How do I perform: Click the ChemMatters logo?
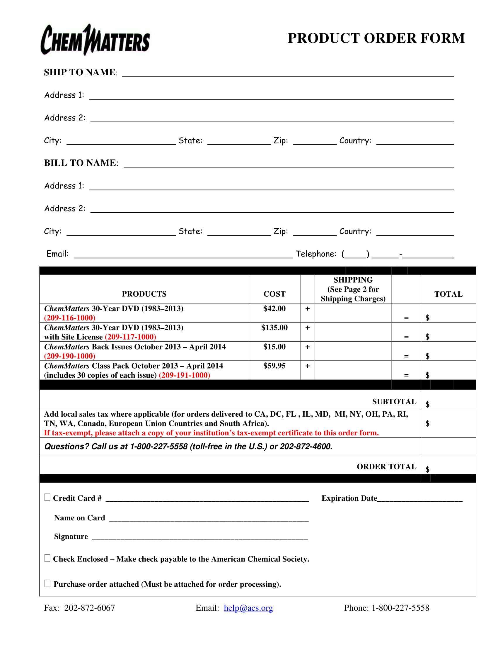point(95,40)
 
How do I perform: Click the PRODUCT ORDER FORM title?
point(376,38)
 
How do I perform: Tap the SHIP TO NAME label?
point(80,72)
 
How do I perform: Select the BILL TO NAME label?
point(81,163)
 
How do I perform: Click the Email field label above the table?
point(57,254)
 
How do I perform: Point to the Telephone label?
point(316,254)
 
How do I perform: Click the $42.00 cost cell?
point(274,309)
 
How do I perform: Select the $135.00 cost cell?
point(274,327)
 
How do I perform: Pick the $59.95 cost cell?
point(274,366)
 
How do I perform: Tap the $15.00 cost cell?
point(274,347)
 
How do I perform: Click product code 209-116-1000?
point(70,318)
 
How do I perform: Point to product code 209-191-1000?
point(184,375)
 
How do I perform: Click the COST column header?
point(274,294)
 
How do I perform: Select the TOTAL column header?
point(448,294)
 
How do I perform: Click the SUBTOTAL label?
point(394,402)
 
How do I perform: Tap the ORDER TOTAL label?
point(386,467)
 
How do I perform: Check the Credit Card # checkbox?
point(47,497)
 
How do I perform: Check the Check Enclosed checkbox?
point(47,558)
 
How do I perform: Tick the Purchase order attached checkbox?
point(47,583)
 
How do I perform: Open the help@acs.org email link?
point(248,608)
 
